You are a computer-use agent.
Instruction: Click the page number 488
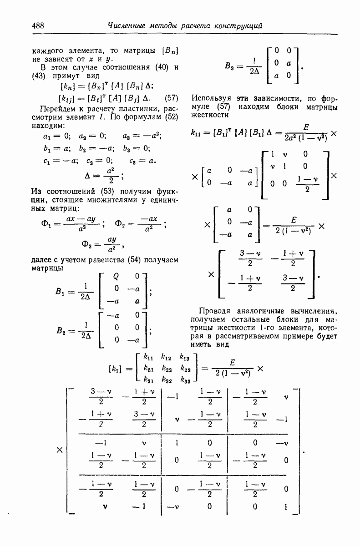tap(38, 26)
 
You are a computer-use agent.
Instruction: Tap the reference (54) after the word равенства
tap(134, 259)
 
